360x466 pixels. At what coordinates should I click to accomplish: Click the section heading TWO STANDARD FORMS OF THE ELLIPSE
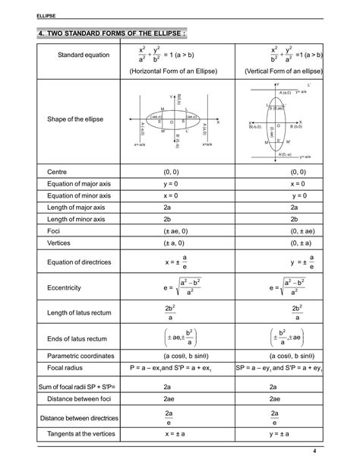[111, 33]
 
